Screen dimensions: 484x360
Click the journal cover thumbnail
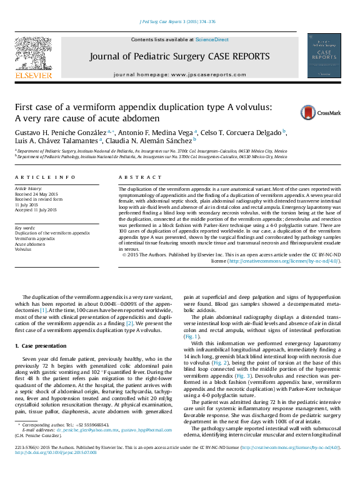(x=324, y=57)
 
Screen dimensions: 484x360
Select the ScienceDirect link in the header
(x=212, y=39)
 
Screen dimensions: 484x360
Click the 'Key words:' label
(x=25, y=228)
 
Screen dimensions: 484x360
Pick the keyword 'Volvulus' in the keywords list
(x=23, y=248)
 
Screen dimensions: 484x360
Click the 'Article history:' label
(x=29, y=188)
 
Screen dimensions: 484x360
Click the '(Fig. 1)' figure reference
(x=191, y=336)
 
